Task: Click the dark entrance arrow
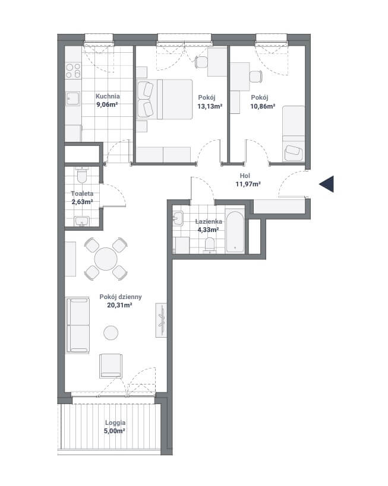pyautogui.click(x=327, y=184)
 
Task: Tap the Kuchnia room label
pyautogui.click(x=108, y=96)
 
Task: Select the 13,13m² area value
pyautogui.click(x=210, y=106)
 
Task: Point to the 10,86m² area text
pyautogui.click(x=263, y=106)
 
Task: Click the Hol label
pyautogui.click(x=245, y=176)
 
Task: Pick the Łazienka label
pyautogui.click(x=209, y=221)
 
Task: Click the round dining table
pyautogui.click(x=106, y=259)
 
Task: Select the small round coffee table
pyautogui.click(x=111, y=333)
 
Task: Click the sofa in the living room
pyautogui.click(x=78, y=325)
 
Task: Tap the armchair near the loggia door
pyautogui.click(x=111, y=366)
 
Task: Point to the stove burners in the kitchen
pyautogui.click(x=74, y=71)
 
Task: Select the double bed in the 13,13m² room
pyautogui.click(x=165, y=99)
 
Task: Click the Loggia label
pyautogui.click(x=115, y=423)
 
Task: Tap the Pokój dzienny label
pyautogui.click(x=121, y=297)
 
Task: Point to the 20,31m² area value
pyautogui.click(x=119, y=305)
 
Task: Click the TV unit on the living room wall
pyautogui.click(x=161, y=320)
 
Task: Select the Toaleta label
pyautogui.click(x=82, y=193)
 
